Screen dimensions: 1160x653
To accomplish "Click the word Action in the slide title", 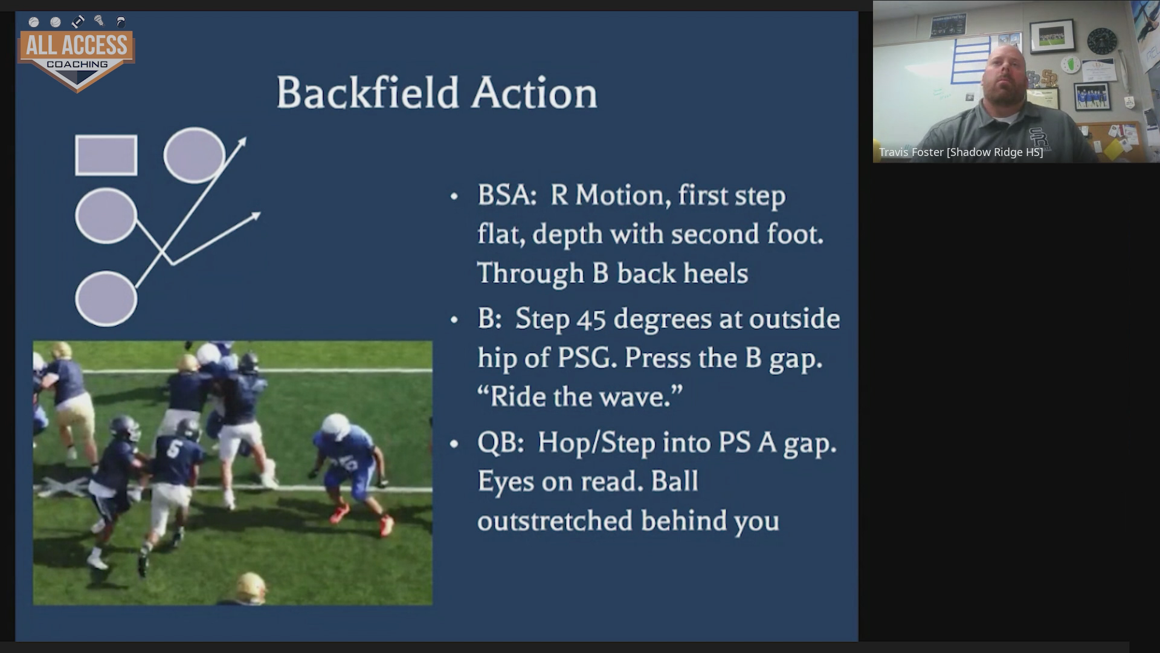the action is point(535,94).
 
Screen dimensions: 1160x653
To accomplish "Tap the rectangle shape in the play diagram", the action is point(106,155).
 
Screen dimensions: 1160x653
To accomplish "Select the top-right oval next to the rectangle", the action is point(195,155).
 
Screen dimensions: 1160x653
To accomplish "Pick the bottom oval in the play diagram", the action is point(106,299).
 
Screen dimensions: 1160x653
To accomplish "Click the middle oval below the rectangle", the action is point(106,216).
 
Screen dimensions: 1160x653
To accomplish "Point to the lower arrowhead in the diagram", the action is point(255,216).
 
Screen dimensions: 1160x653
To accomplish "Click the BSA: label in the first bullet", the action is point(507,195).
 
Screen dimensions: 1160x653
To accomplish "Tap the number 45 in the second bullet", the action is point(591,319).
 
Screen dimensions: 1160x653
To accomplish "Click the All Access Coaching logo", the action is point(77,53).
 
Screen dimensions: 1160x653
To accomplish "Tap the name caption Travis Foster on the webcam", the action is point(910,152).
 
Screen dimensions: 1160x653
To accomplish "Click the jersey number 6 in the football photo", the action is point(175,450).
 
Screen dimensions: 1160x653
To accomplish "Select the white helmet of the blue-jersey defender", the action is point(335,428).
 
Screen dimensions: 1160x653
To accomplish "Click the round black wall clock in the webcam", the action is point(1102,41).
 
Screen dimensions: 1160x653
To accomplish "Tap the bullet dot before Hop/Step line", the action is point(454,443).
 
